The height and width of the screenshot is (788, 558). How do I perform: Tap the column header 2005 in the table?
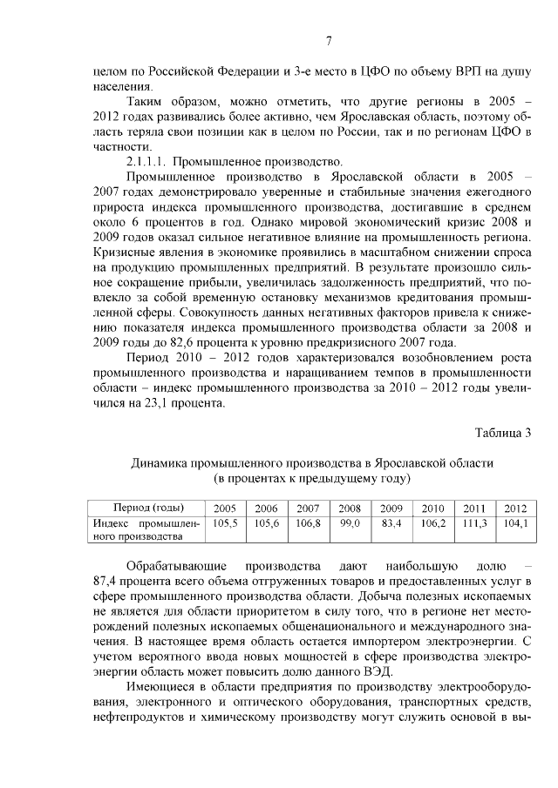pos(225,508)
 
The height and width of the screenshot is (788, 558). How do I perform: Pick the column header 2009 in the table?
pos(391,508)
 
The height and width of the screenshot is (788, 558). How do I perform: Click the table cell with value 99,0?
pos(350,523)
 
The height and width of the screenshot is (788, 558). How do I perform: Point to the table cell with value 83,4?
pos(391,523)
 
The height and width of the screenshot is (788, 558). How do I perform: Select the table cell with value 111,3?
pos(474,523)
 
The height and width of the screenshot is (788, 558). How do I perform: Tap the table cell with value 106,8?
pos(309,523)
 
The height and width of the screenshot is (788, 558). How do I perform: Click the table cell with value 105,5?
pos(225,523)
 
